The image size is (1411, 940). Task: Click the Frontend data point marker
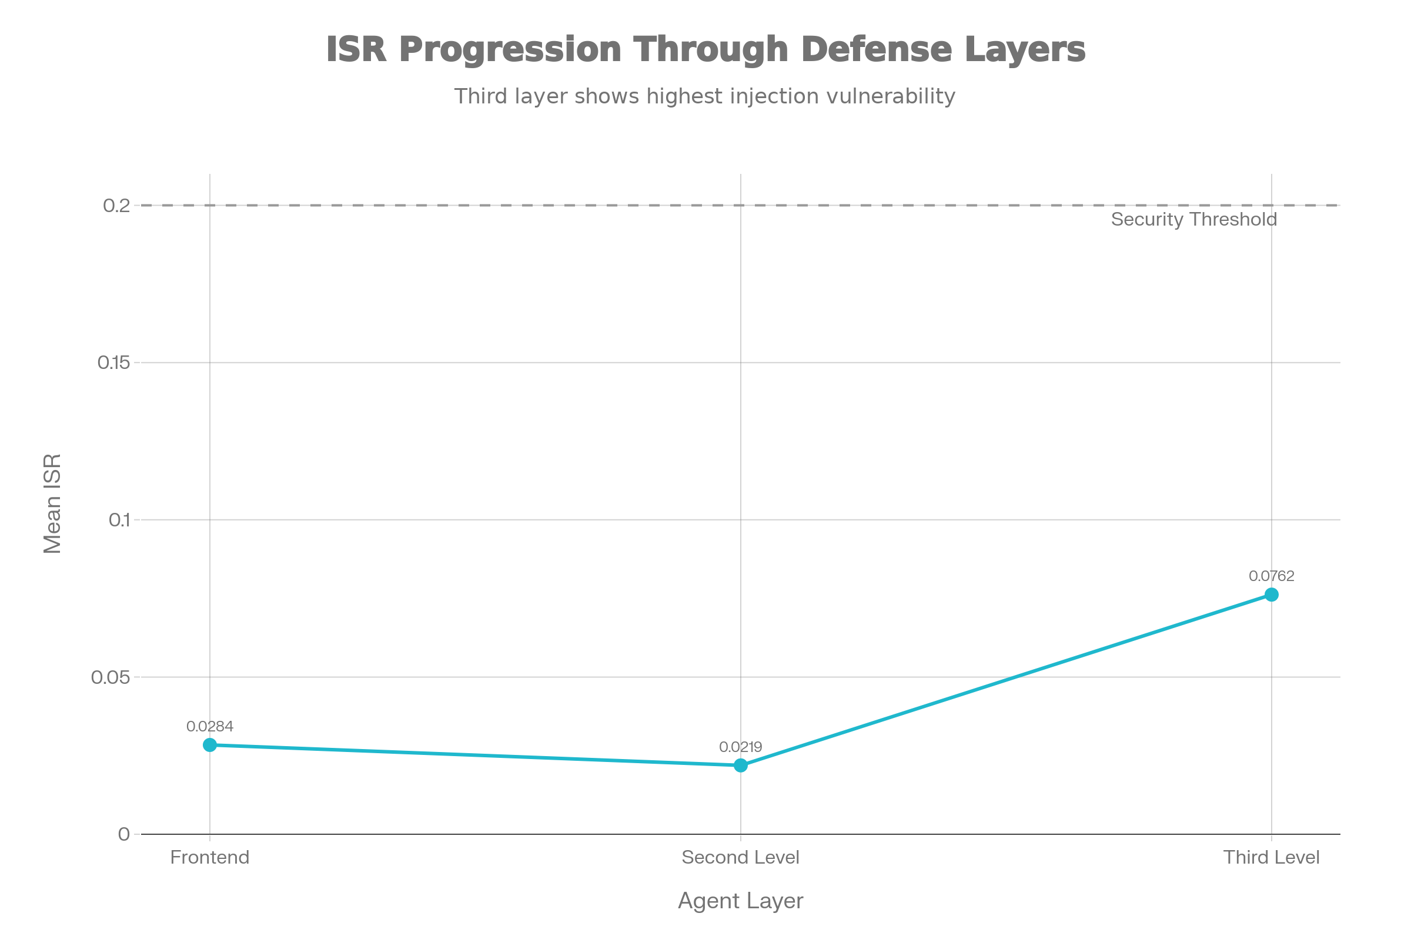(x=209, y=745)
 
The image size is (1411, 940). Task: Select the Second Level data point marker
(x=740, y=766)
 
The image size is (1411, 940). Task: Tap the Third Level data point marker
(x=1271, y=595)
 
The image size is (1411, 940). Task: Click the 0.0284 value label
(x=209, y=727)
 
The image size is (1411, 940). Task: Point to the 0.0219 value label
(x=740, y=747)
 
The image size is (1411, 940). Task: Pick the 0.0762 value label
(x=1271, y=576)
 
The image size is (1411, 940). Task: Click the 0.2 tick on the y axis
(x=116, y=206)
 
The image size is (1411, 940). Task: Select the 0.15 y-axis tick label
(x=113, y=362)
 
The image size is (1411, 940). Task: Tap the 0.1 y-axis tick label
(x=119, y=520)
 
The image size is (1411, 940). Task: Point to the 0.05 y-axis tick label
(x=111, y=677)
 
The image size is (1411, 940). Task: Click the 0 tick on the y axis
(x=124, y=834)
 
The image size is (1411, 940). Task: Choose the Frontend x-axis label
(x=209, y=857)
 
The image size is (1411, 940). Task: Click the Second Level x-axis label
(x=740, y=857)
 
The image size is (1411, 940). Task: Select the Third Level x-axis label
(x=1271, y=857)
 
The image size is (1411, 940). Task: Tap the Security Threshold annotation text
(x=1193, y=219)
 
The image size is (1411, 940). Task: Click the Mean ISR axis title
(x=53, y=503)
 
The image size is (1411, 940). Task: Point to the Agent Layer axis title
(x=740, y=901)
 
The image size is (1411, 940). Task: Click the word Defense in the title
(x=877, y=49)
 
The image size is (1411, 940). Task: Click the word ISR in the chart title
(x=356, y=49)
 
